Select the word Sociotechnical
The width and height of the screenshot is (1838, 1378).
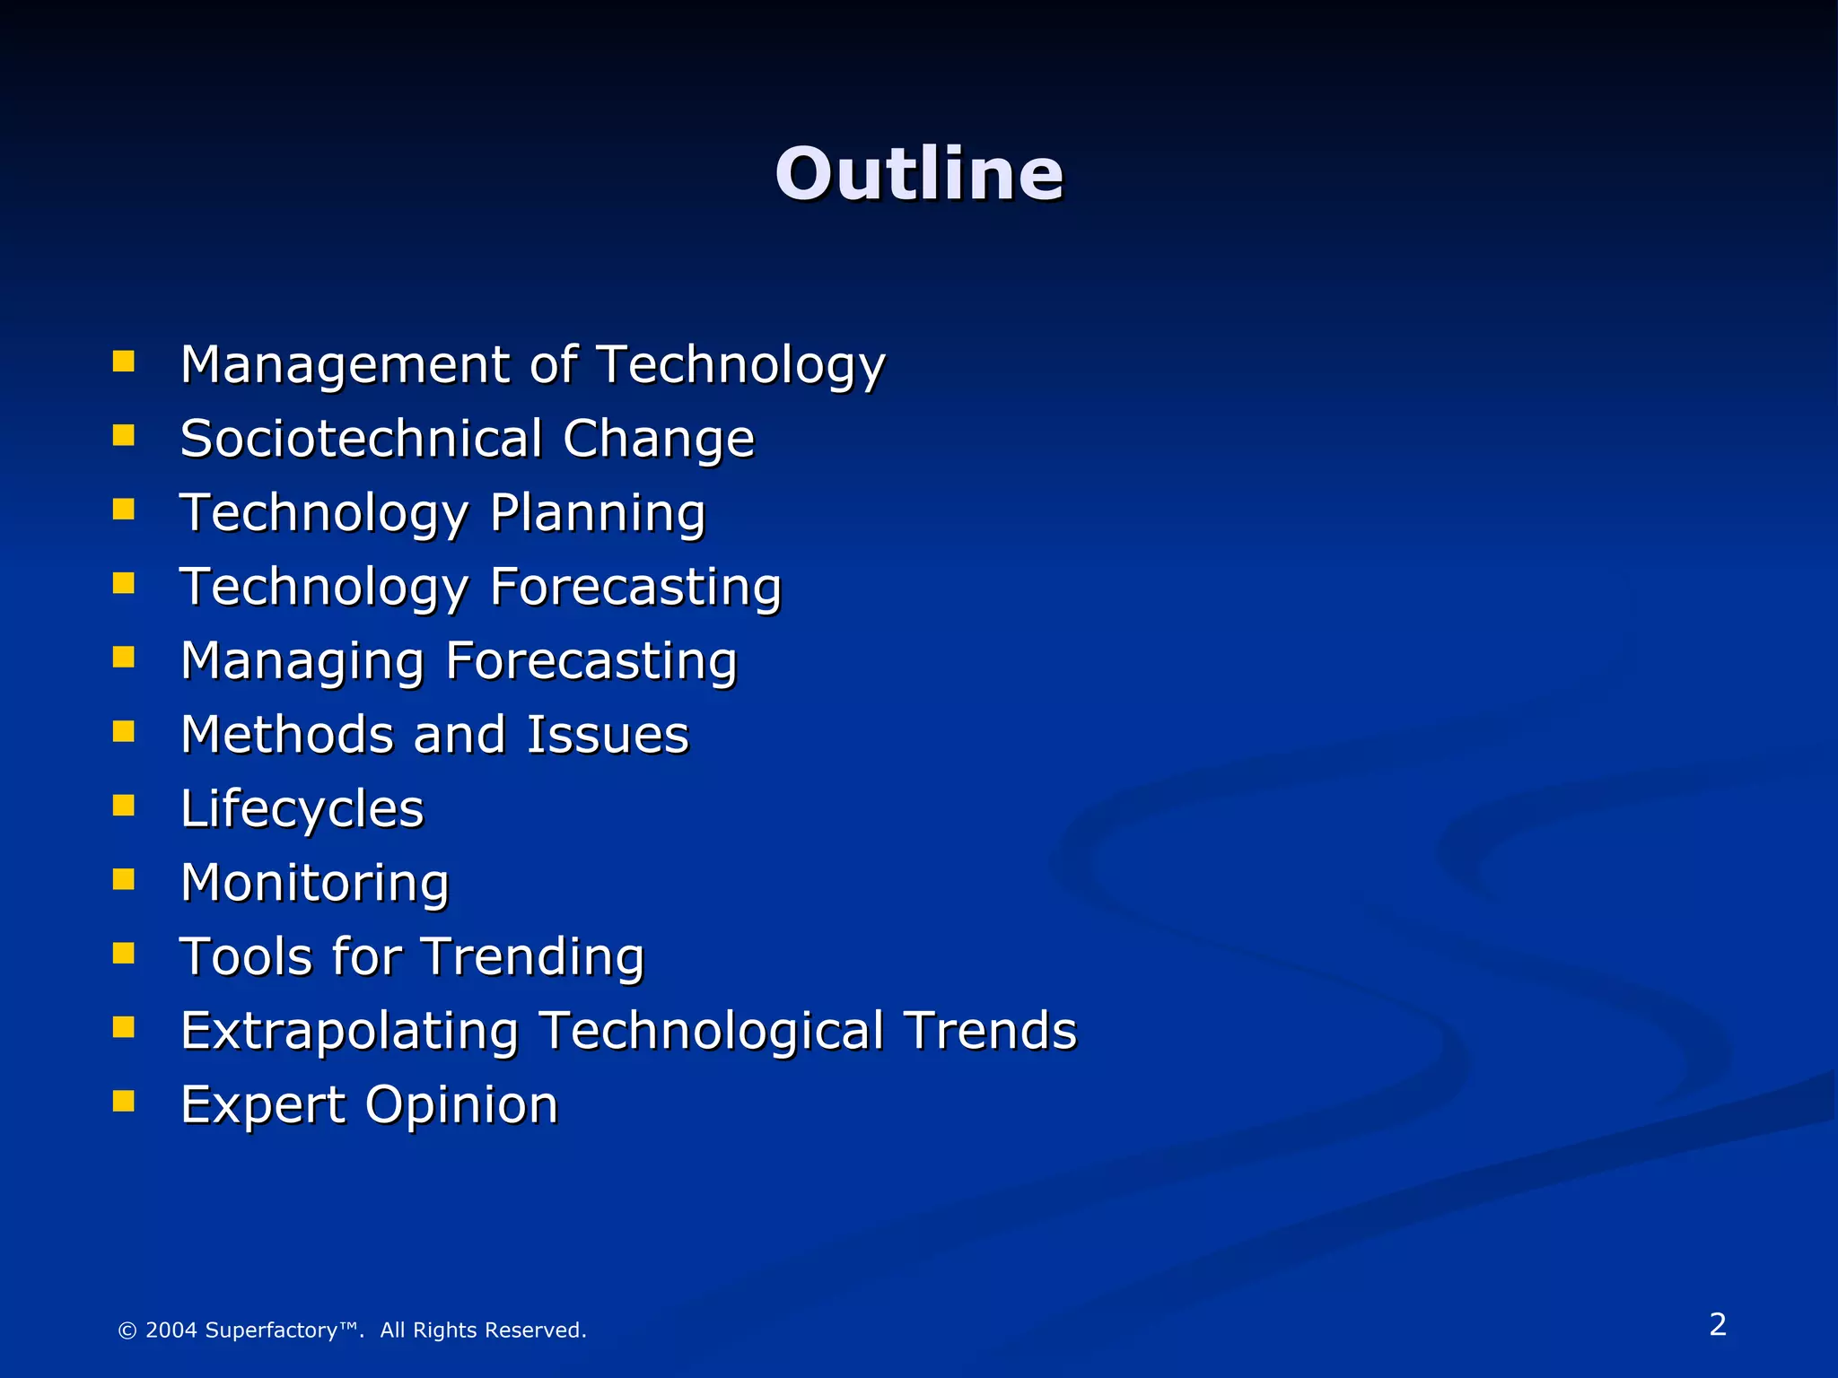point(361,439)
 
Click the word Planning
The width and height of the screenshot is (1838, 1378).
point(598,514)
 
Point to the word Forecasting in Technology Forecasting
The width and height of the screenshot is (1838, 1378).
point(635,588)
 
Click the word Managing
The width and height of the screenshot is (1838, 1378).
point(302,662)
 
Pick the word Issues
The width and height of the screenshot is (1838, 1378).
point(607,735)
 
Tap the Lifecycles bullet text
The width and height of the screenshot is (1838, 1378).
point(302,809)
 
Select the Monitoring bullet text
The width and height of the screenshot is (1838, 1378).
point(314,883)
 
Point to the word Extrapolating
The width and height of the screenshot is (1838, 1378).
point(349,1031)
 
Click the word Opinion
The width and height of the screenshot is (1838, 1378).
point(461,1104)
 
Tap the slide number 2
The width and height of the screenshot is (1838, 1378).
point(1717,1324)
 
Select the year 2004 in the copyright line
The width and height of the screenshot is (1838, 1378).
point(171,1330)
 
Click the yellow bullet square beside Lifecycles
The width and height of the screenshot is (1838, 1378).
point(124,805)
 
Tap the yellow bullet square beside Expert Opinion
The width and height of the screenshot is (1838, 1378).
point(124,1101)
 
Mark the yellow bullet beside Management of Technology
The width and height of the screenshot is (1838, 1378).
point(124,362)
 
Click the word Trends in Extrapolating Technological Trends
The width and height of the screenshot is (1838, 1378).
point(990,1031)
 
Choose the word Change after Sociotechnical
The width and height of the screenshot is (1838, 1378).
point(659,439)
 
